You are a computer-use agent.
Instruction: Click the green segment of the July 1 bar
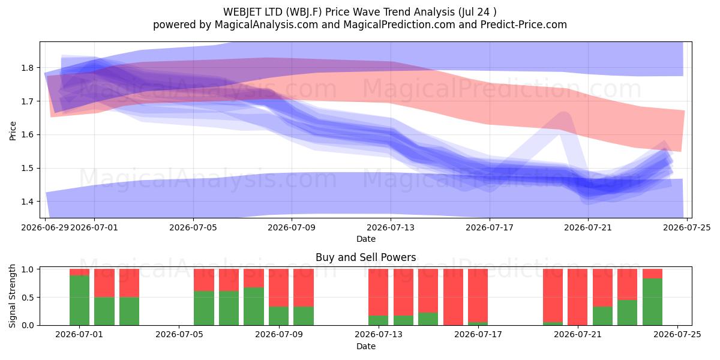(x=79, y=300)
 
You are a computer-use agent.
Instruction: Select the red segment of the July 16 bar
(x=453, y=296)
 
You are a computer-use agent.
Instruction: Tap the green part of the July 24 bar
(x=653, y=302)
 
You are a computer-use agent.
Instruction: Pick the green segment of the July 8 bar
(x=254, y=307)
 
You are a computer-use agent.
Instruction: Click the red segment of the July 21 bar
(x=578, y=296)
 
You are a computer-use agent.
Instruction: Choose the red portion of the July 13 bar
(x=379, y=292)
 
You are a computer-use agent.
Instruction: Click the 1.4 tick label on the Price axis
(x=28, y=202)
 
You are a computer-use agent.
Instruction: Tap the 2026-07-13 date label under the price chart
(x=391, y=227)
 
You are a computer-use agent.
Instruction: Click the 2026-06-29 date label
(x=45, y=227)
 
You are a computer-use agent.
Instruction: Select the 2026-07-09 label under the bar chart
(x=278, y=335)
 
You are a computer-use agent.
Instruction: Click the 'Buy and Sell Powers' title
(x=366, y=257)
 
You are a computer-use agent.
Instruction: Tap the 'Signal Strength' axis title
(x=12, y=296)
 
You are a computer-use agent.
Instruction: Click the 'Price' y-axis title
(x=13, y=131)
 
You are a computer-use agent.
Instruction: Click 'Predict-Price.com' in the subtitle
(x=524, y=25)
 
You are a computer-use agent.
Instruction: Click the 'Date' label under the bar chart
(x=366, y=347)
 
